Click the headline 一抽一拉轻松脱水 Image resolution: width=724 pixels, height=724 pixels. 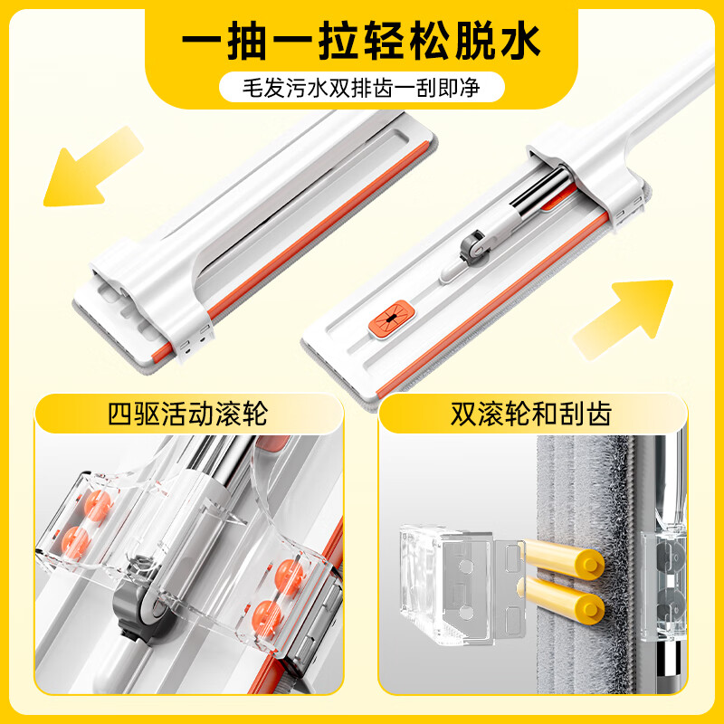[x=362, y=43]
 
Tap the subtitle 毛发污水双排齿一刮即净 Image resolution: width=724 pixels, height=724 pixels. [x=362, y=90]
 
